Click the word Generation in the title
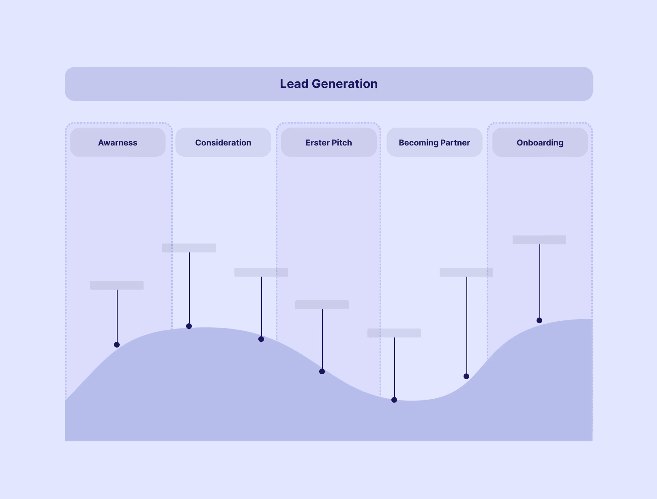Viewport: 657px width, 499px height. point(344,84)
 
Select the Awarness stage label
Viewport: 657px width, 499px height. point(118,143)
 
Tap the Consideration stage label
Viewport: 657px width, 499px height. point(223,143)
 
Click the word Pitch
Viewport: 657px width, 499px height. point(341,143)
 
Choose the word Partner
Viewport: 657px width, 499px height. point(455,143)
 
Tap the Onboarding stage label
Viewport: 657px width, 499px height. point(540,143)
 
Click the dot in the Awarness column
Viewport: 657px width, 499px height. point(117,345)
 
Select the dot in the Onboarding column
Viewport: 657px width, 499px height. point(539,320)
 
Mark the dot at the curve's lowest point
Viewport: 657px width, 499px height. point(394,400)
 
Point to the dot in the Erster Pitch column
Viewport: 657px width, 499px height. point(322,371)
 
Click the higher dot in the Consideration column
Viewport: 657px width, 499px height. point(189,326)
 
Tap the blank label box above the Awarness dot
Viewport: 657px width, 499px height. point(117,285)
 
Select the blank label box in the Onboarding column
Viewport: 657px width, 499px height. point(539,240)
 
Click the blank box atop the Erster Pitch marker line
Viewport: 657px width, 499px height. point(322,305)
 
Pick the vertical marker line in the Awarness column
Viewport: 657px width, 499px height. point(117,316)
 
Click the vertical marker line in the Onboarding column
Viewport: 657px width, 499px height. point(540,281)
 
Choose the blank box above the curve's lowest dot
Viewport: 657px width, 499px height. point(394,333)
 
